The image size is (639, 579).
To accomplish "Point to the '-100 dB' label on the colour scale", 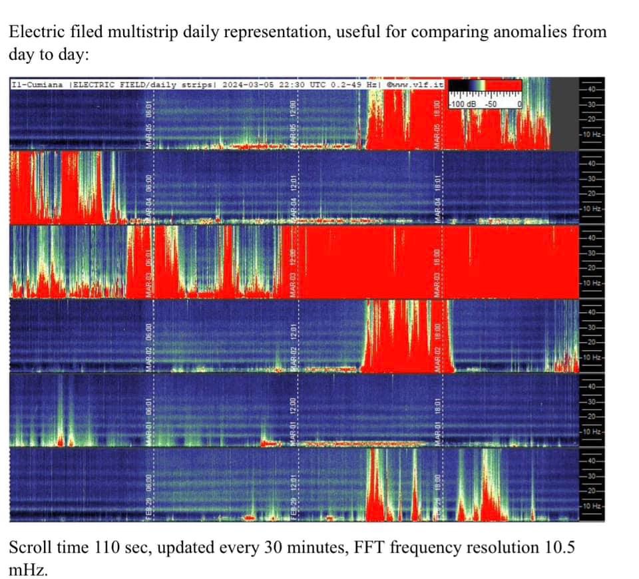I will [x=463, y=104].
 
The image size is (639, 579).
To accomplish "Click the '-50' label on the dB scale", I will [x=491, y=104].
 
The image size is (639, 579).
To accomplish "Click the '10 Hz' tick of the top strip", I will [x=592, y=135].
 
